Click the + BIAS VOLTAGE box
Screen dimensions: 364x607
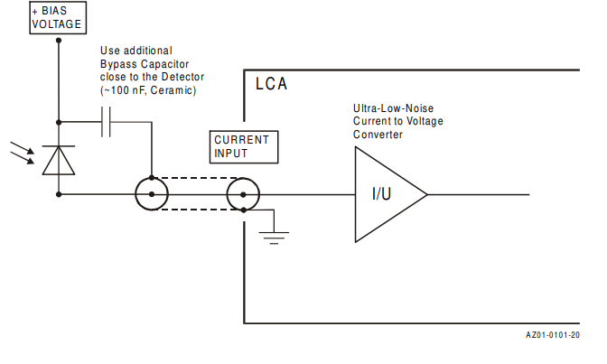click(x=57, y=18)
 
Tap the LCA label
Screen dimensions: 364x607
click(x=270, y=85)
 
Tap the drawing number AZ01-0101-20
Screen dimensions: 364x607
click(x=553, y=335)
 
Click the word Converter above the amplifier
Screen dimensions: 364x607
click(x=378, y=135)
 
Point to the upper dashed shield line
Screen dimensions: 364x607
click(x=197, y=178)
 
